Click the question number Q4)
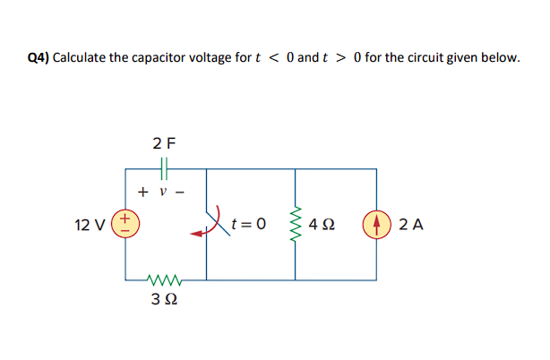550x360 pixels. click(39, 58)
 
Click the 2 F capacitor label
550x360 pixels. click(164, 141)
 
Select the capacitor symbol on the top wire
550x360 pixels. click(164, 167)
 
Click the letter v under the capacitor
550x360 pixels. click(163, 192)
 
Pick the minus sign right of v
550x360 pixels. click(182, 192)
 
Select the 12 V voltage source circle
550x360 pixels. click(126, 223)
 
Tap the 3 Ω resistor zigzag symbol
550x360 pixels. click(165, 279)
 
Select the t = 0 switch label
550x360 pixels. click(248, 224)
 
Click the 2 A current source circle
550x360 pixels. click(374, 224)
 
